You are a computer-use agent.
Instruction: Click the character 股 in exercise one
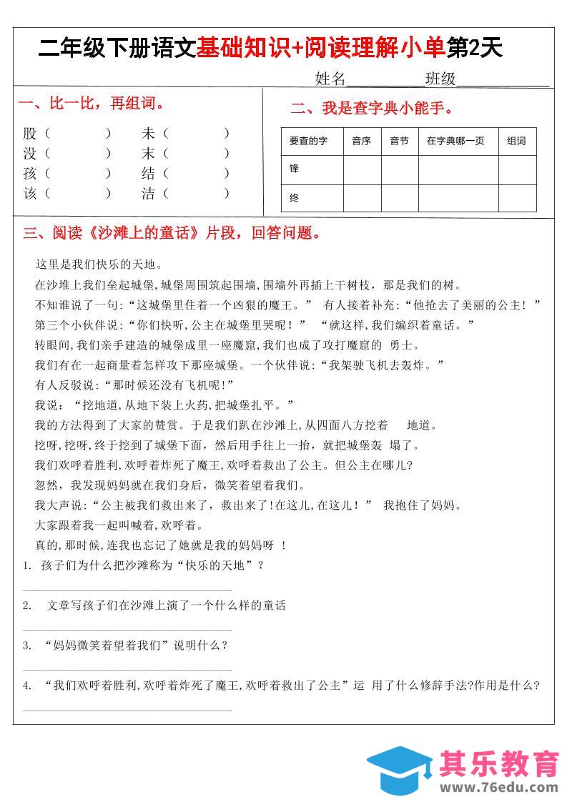pos(29,133)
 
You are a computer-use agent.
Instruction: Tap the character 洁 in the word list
pos(149,193)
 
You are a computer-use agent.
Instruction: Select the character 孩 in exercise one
pos(29,173)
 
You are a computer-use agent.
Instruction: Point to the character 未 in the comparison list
pos(149,133)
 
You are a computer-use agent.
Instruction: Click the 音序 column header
pos(361,142)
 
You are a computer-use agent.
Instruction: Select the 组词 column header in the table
pos(516,142)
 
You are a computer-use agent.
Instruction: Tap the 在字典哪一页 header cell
pos(455,142)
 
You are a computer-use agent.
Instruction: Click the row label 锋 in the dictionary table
pos(294,169)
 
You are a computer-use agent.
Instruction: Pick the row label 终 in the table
pos(294,199)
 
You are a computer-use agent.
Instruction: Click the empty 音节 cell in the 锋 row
pos(399,170)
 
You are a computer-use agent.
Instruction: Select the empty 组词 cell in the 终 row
pos(517,199)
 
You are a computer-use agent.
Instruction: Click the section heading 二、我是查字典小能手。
pos(373,109)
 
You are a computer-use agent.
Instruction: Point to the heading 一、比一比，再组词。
pos(92,104)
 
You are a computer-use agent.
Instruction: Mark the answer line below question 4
pos(127,710)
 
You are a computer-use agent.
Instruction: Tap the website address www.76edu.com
pos(499,788)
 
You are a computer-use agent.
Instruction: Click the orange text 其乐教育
pos(499,763)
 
